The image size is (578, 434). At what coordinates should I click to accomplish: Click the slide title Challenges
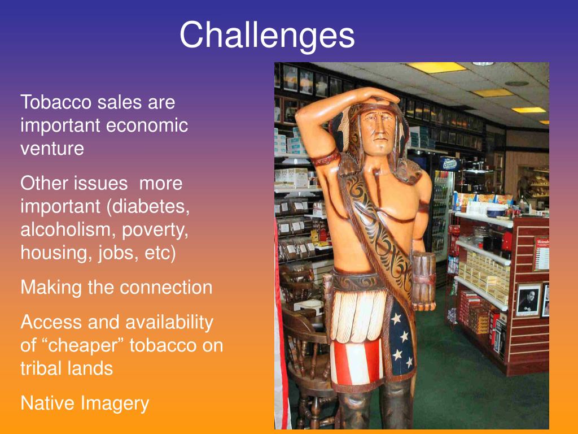coord(267,35)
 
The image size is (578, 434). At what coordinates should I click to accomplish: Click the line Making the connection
coord(116,288)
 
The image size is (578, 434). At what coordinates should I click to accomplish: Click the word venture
coord(52,149)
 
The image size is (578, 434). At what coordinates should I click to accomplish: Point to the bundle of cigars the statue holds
coord(423,281)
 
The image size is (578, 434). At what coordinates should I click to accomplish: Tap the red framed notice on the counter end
coord(541,254)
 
